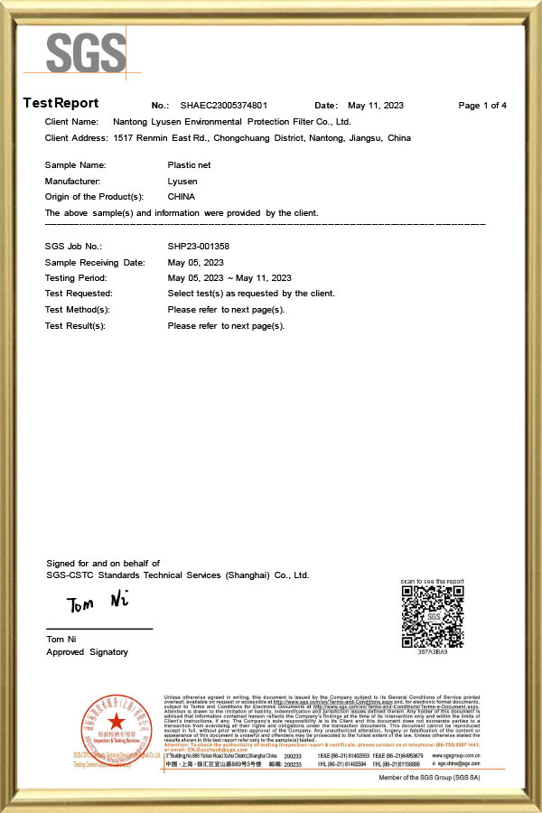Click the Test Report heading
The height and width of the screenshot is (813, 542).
click(x=61, y=103)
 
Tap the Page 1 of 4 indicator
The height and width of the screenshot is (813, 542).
click(x=482, y=106)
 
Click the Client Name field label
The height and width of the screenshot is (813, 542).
click(x=71, y=121)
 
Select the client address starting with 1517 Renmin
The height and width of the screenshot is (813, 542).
click(x=262, y=138)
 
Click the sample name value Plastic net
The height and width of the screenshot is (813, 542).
click(x=190, y=165)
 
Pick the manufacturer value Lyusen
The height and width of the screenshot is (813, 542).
click(x=182, y=181)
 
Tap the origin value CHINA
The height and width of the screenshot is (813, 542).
click(x=182, y=196)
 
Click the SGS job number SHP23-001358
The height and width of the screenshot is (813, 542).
click(x=199, y=246)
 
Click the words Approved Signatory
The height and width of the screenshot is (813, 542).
click(x=87, y=651)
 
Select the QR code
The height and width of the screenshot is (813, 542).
click(x=432, y=617)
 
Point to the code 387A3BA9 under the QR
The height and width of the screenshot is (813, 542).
click(x=432, y=651)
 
